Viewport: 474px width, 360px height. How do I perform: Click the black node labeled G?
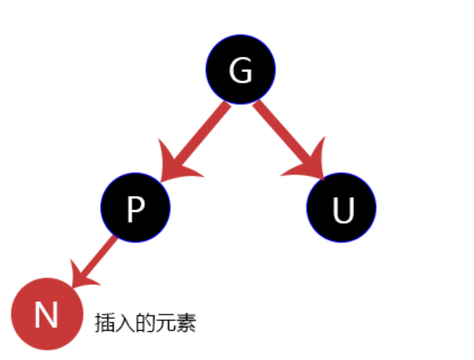coord(241,70)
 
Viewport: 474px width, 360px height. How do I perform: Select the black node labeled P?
coord(135,207)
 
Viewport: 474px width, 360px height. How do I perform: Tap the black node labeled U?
coord(341,207)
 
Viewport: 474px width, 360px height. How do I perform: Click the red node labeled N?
coord(47,314)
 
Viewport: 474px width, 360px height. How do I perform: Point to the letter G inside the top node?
coord(241,71)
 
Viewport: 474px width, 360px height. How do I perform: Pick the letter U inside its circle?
coord(343,209)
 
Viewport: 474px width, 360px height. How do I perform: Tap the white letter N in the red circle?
coord(46,315)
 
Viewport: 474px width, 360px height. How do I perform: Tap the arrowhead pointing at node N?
coord(82,277)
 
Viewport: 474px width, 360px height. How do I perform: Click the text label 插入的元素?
coord(145,323)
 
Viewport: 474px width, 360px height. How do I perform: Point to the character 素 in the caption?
coord(186,323)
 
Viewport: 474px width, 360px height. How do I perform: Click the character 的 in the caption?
coord(145,323)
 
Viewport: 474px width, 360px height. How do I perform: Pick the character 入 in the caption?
coord(124,323)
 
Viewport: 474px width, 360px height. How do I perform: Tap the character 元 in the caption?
coord(165,323)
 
